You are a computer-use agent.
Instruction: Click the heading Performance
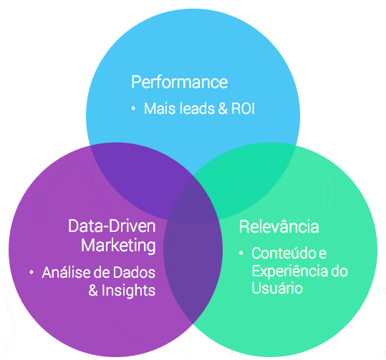179,82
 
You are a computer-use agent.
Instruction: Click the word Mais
159,110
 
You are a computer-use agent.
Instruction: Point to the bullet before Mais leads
133,110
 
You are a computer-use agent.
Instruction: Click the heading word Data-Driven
112,226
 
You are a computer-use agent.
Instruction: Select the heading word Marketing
117,245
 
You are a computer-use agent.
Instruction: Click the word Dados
137,273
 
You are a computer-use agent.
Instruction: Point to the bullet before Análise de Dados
32,273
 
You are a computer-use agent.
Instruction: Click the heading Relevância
279,227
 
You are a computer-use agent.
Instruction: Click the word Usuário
271,288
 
